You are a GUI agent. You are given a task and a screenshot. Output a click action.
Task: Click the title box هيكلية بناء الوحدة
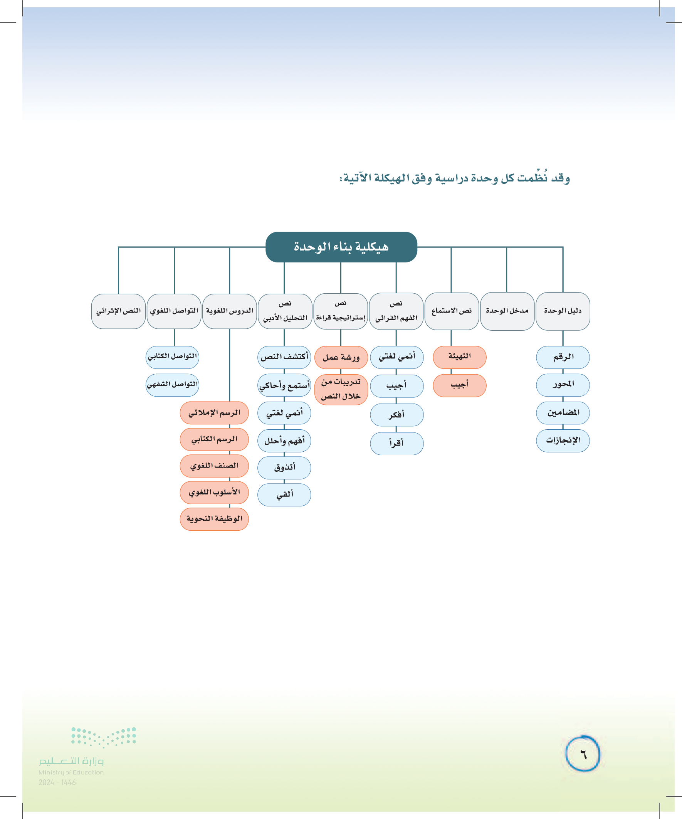341,247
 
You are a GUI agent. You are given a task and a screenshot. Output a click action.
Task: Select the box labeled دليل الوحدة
562,311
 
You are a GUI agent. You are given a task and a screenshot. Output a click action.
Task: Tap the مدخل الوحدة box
507,311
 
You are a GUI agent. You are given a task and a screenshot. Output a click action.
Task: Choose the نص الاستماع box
451,311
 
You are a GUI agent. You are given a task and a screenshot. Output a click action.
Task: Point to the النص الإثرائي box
118,311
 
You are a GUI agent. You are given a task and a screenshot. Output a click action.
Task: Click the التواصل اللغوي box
174,311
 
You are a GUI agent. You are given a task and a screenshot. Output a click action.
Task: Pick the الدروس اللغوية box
229,311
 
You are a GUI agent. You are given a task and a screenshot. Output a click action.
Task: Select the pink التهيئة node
459,357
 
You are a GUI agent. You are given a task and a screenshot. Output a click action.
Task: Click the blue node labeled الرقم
562,357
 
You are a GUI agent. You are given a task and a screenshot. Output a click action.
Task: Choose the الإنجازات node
562,440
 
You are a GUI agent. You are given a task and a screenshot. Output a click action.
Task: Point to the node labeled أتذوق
284,467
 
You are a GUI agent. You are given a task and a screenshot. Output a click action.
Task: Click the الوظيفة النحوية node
214,519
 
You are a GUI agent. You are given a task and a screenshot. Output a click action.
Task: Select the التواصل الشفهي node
172,385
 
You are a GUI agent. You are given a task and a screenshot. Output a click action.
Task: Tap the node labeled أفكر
396,415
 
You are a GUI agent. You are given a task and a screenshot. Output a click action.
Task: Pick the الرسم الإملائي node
214,413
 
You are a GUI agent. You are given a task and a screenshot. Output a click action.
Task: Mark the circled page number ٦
583,753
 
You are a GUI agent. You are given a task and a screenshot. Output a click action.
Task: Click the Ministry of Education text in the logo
71,772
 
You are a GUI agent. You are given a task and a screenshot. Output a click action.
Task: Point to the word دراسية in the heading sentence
452,178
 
